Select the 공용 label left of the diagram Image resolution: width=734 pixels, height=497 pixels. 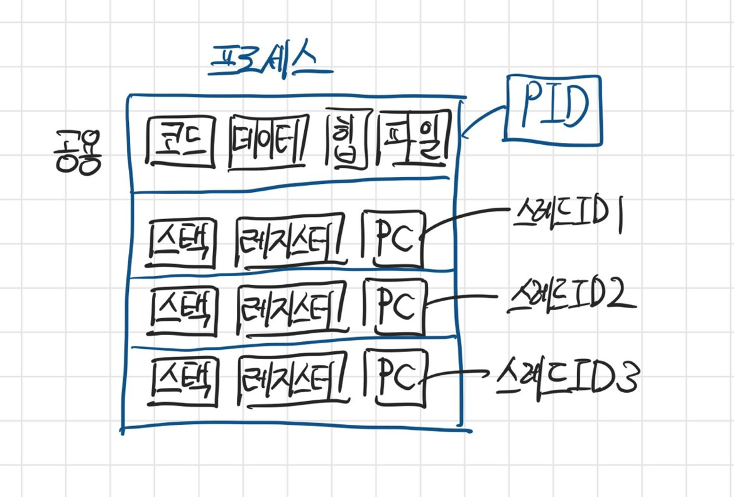coord(78,152)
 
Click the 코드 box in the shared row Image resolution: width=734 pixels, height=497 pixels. coord(181,141)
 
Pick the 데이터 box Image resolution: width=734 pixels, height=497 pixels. coord(269,142)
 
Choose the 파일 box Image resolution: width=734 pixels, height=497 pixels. coord(414,139)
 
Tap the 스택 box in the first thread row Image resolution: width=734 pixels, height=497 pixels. coord(181,243)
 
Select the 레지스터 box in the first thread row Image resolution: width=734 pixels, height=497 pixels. coord(291,241)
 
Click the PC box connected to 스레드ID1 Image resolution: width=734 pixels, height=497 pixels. coord(394,239)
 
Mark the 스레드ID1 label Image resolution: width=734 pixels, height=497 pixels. coord(568,216)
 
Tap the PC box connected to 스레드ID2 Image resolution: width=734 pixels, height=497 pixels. coord(395,307)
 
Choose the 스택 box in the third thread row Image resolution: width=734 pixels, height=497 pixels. coord(183,381)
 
